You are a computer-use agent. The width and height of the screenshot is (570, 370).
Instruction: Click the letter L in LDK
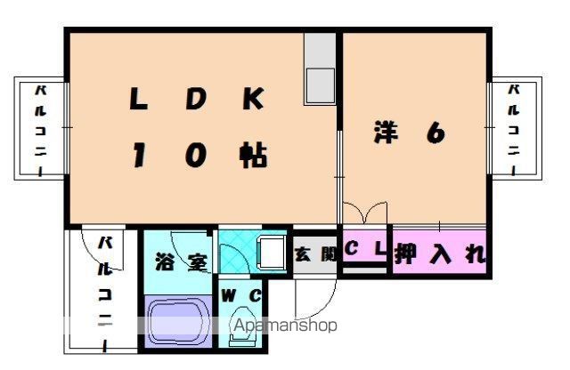(139, 99)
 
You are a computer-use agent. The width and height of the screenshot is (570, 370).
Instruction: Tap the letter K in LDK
(252, 99)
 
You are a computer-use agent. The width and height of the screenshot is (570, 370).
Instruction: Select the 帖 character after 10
(253, 156)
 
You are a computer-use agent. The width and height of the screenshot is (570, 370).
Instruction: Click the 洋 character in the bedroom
(385, 133)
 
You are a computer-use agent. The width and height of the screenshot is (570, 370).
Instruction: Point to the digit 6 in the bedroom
(435, 133)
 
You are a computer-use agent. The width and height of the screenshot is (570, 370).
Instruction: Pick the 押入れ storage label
(441, 254)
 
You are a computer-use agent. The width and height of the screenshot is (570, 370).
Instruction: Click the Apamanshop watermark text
(285, 326)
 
